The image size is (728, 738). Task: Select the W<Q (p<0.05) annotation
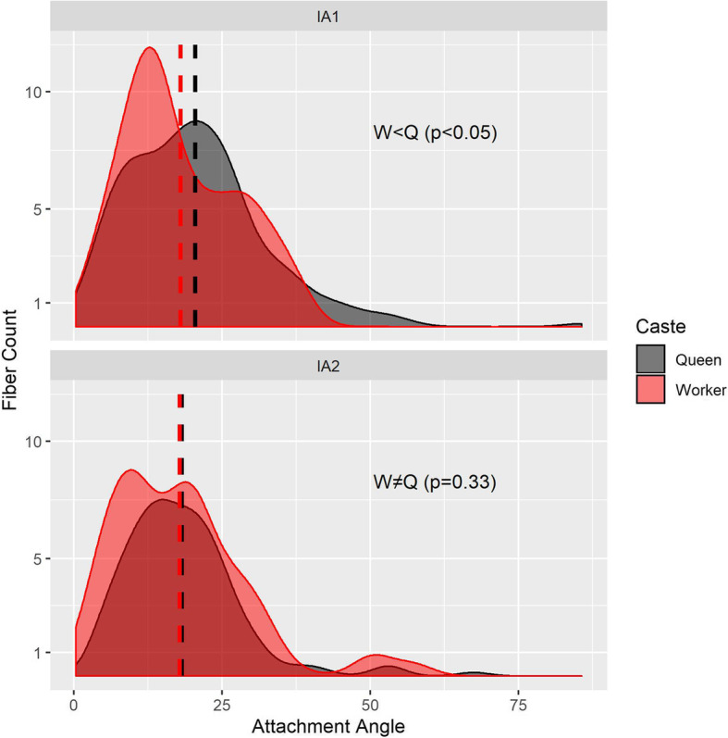434,133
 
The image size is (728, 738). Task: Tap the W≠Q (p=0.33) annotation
434,482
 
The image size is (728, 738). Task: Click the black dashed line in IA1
195,231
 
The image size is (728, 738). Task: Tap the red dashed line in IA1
180,231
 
